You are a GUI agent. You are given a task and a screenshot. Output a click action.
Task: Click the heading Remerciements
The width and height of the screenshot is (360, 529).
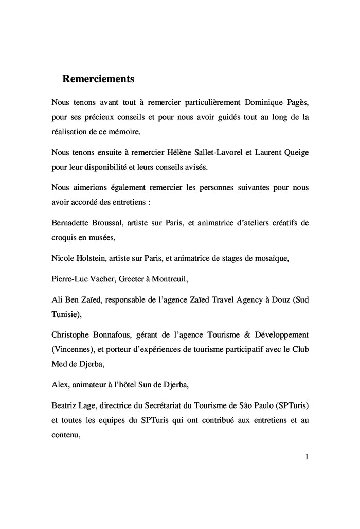(x=98, y=79)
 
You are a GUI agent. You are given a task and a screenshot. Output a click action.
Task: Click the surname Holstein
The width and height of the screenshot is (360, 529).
(x=91, y=258)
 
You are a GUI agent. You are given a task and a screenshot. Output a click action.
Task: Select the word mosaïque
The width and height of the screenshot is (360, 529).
(x=271, y=258)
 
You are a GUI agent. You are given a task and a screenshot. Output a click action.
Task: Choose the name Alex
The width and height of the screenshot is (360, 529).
(x=60, y=383)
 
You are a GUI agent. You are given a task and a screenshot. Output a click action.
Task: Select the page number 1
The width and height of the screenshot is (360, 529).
(x=307, y=457)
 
